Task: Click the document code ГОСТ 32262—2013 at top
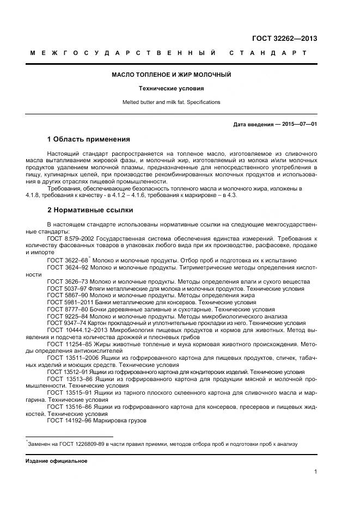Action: pos(284,39)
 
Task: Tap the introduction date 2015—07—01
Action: pos(299,124)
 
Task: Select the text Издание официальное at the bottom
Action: pos(57,461)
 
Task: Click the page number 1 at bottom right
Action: pos(315,472)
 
